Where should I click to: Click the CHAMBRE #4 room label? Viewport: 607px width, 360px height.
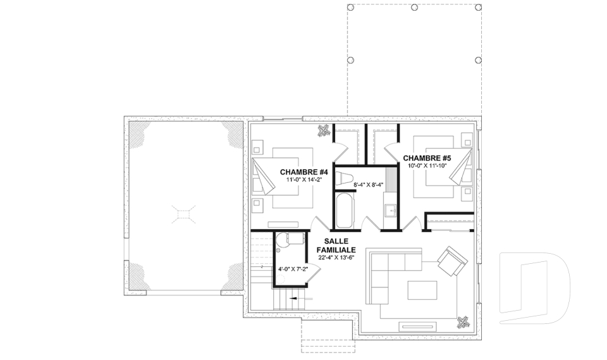click(x=304, y=171)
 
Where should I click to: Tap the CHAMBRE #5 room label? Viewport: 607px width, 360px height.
click(x=427, y=158)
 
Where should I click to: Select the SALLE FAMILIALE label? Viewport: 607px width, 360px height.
click(x=336, y=245)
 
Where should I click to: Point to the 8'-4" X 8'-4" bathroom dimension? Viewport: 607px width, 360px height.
click(x=368, y=185)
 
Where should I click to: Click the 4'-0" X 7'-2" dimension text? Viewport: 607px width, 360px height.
click(x=293, y=268)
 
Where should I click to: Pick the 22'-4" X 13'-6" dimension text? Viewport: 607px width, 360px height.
click(x=336, y=257)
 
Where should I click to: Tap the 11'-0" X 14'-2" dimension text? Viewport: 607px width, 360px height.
click(x=304, y=179)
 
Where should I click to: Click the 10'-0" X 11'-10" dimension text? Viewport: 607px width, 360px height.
click(x=427, y=166)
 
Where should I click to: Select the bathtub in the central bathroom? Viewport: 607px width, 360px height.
click(x=344, y=211)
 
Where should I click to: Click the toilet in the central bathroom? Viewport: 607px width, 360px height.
click(x=344, y=179)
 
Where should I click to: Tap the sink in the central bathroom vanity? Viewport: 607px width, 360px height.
click(x=391, y=211)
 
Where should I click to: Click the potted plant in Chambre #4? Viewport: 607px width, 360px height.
click(x=323, y=130)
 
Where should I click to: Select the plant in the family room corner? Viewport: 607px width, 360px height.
click(x=462, y=322)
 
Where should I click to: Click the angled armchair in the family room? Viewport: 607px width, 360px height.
click(x=452, y=261)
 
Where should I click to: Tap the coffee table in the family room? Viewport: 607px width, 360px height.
click(x=422, y=290)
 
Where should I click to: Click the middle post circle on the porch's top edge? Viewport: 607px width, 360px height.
click(x=414, y=8)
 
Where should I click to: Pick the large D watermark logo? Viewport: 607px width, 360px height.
click(x=534, y=288)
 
